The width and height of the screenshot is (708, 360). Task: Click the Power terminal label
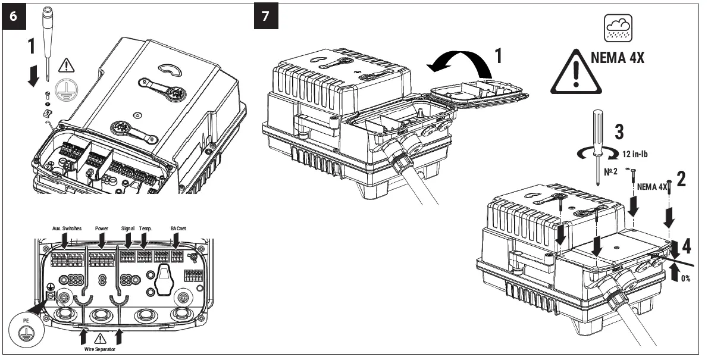[x=101, y=228]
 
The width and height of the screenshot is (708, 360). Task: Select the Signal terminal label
[x=128, y=228]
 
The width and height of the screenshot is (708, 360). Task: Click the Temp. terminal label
[x=146, y=228]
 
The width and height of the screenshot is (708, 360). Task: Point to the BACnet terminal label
[x=178, y=228]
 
